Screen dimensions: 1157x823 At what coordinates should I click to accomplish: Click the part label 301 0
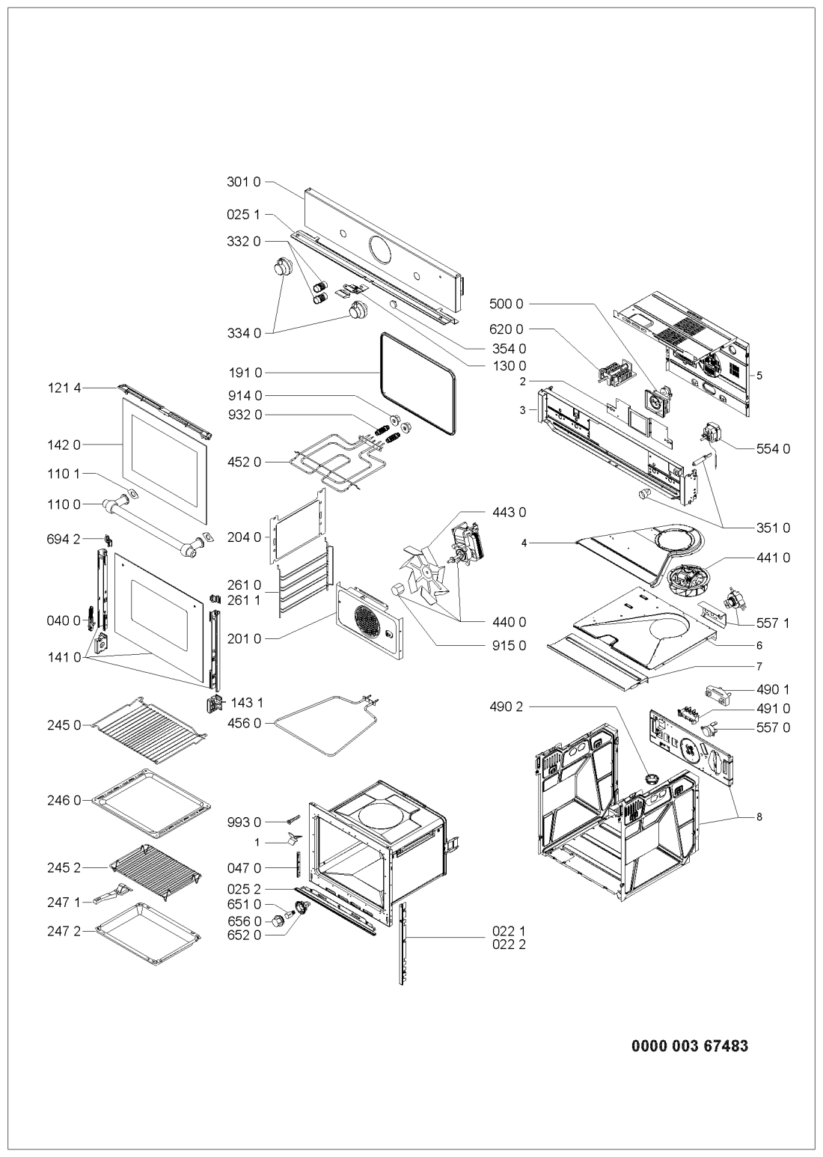pos(243,183)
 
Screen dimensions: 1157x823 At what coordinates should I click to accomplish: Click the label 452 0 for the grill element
pos(243,462)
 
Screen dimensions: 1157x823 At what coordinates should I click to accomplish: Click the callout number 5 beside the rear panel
pos(759,376)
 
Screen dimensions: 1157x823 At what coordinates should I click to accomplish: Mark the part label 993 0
pos(243,822)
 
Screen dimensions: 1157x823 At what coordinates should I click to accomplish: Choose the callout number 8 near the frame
pos(759,816)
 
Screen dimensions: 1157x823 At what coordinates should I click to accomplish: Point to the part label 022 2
pos(509,944)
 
